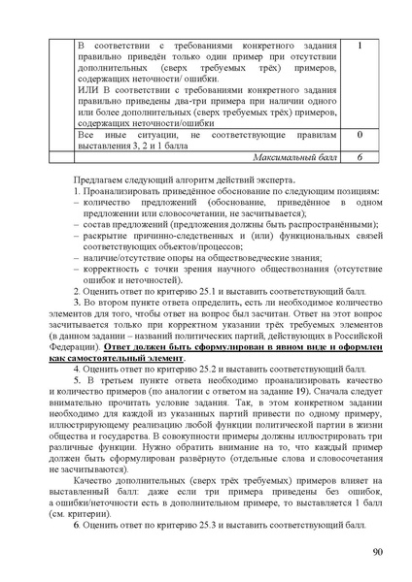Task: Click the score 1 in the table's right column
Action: pyautogui.click(x=360, y=46)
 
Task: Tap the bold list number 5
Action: pyautogui.click(x=78, y=410)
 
